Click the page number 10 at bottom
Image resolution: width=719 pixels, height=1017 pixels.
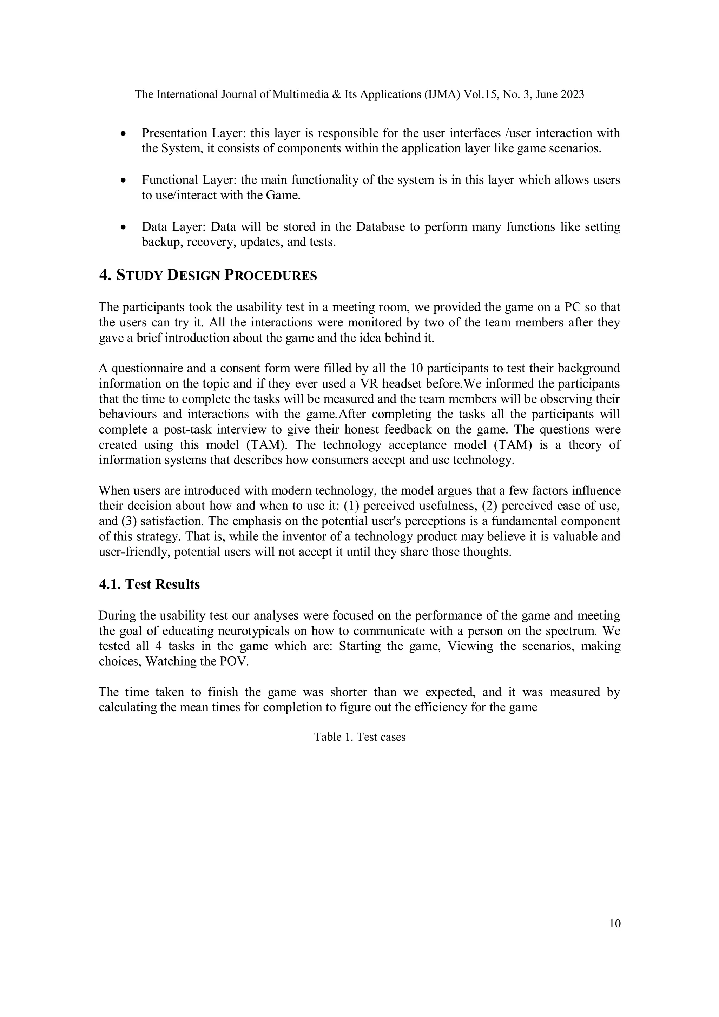(x=615, y=923)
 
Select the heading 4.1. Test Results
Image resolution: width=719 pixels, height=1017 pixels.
(x=149, y=584)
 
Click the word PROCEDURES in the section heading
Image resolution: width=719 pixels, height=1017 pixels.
(x=270, y=276)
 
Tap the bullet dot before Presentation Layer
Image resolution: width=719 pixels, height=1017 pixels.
(x=124, y=133)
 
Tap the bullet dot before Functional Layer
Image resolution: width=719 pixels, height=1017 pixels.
(x=124, y=180)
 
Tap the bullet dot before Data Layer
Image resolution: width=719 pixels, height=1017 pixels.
(x=124, y=227)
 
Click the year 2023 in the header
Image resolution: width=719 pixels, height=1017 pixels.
(x=572, y=94)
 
